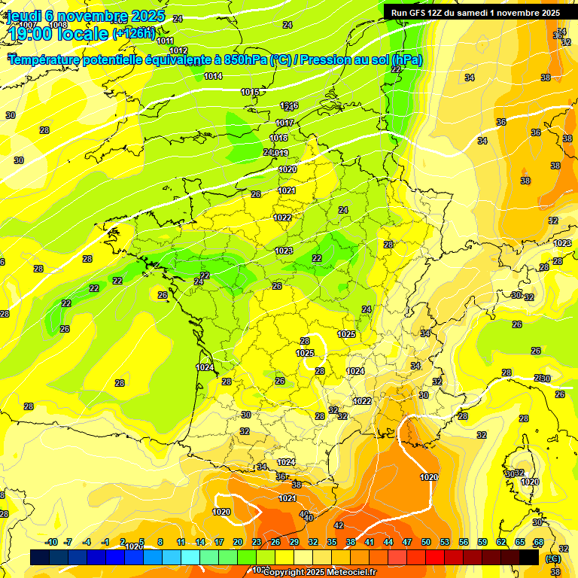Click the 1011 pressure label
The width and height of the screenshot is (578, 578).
(x=166, y=41)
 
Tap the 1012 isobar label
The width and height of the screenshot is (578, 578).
(x=178, y=50)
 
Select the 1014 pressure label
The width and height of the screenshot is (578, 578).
(x=213, y=76)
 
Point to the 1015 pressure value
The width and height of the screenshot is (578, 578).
(x=250, y=92)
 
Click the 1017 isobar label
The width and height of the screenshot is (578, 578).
(x=284, y=123)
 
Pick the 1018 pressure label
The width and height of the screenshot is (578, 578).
(x=278, y=138)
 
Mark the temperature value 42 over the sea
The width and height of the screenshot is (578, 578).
(x=339, y=525)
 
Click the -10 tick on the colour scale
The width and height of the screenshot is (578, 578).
(x=51, y=542)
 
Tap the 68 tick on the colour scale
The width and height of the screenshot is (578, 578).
(x=538, y=542)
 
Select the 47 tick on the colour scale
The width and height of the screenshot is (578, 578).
(x=407, y=542)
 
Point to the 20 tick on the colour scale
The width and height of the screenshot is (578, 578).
(x=238, y=542)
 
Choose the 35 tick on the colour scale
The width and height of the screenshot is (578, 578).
(x=332, y=542)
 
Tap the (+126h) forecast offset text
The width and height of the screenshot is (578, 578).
(x=133, y=33)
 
